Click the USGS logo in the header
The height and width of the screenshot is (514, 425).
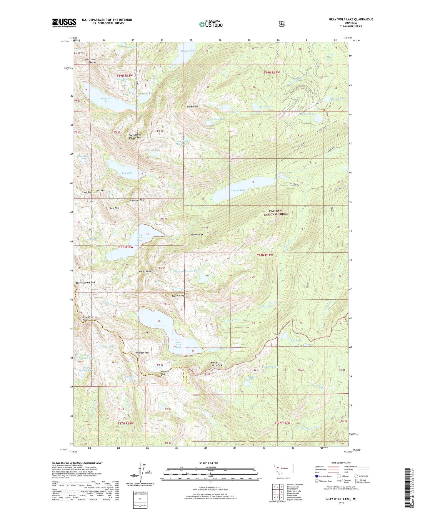(x=64, y=23)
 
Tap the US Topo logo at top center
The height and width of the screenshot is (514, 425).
(x=210, y=24)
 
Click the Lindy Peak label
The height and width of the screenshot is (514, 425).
(x=192, y=106)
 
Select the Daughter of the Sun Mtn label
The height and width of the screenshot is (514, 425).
(x=135, y=136)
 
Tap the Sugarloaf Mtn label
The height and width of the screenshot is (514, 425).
(x=137, y=200)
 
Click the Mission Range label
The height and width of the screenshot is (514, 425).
(x=196, y=235)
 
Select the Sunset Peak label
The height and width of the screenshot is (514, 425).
(x=145, y=271)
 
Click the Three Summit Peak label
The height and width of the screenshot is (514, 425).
(x=86, y=282)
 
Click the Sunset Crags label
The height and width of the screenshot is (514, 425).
(x=178, y=295)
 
